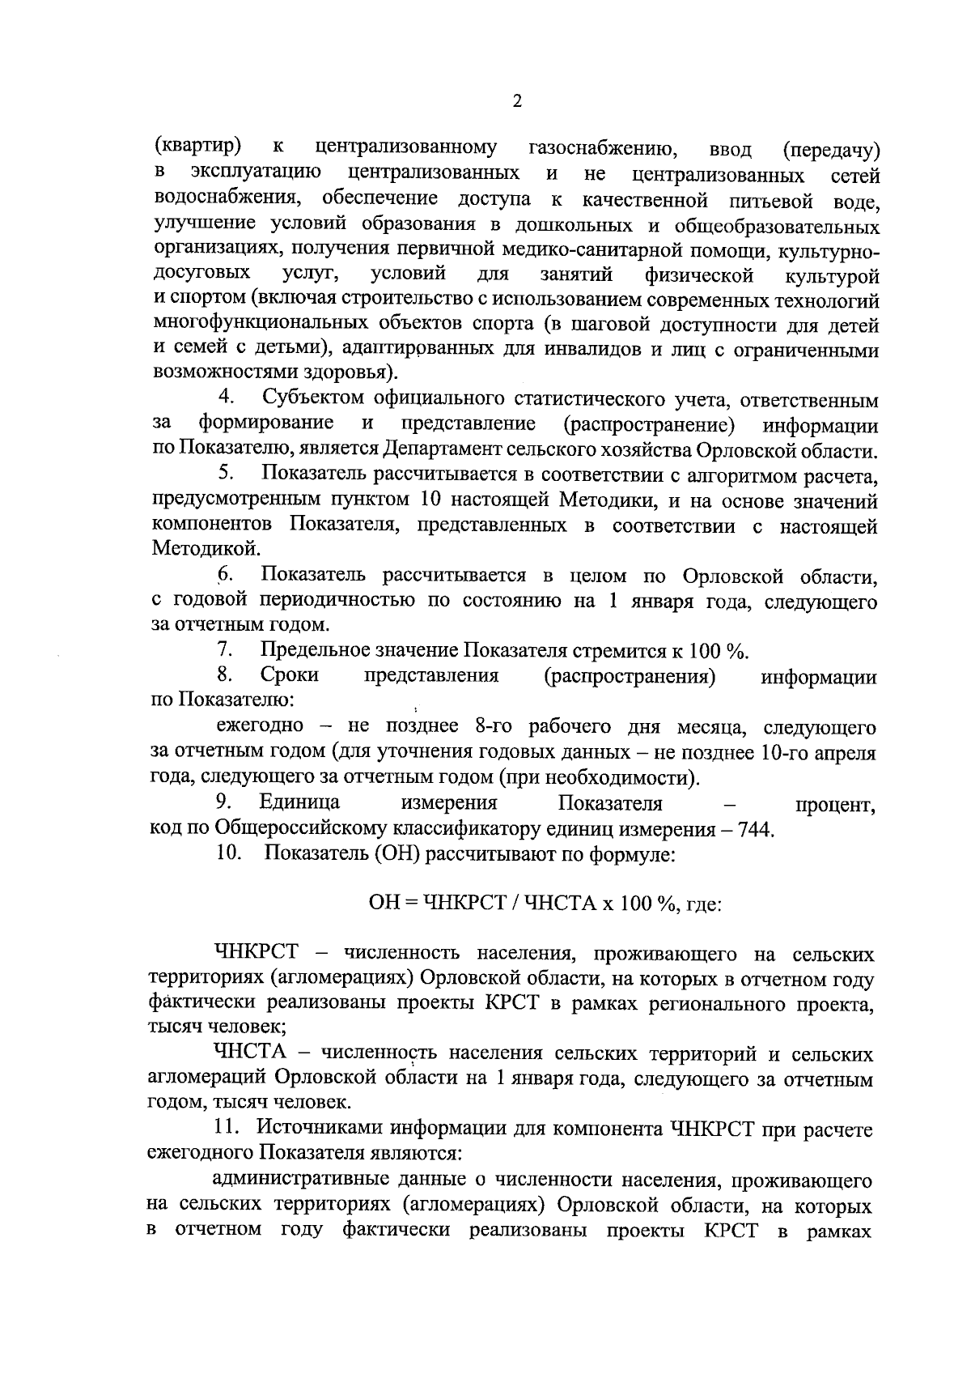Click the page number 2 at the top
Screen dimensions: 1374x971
(518, 102)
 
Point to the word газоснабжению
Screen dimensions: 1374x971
(602, 150)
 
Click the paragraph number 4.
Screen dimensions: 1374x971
(227, 398)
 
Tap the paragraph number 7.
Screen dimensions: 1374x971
(225, 650)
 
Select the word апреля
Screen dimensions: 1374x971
(846, 752)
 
